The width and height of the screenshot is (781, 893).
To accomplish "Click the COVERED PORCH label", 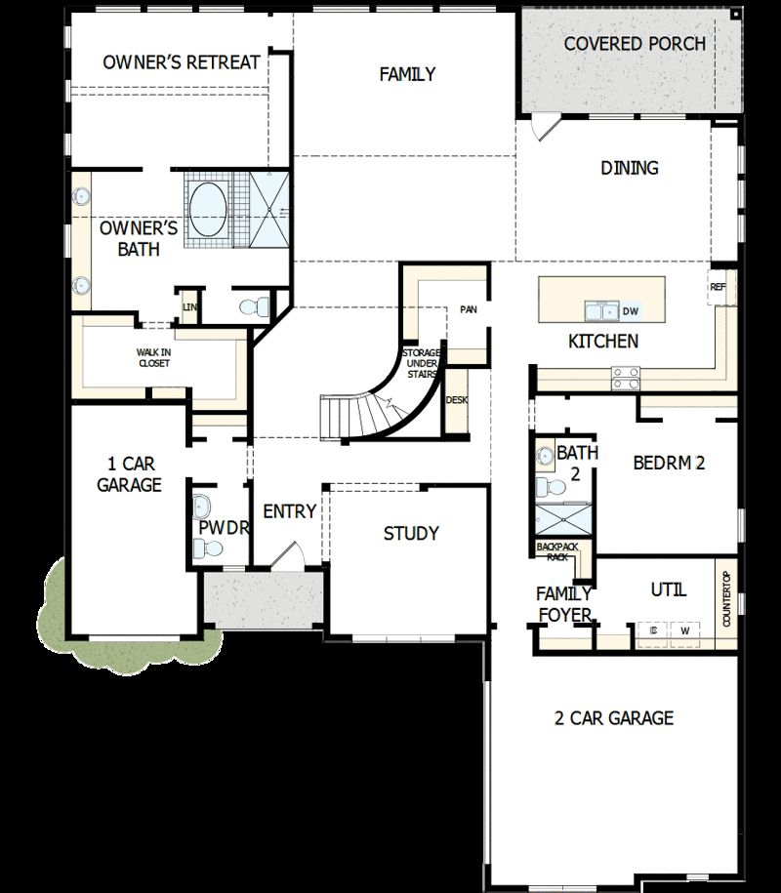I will (635, 44).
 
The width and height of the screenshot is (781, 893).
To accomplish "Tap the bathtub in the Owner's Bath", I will (207, 207).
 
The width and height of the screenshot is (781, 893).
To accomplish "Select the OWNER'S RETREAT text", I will (182, 62).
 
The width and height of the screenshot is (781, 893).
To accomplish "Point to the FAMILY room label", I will (407, 74).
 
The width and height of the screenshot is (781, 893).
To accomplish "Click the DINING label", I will (629, 168).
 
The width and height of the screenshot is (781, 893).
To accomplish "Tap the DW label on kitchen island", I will (630, 311).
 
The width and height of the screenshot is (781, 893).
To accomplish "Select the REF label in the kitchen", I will (719, 288).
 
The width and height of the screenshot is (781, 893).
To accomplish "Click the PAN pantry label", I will (468, 310).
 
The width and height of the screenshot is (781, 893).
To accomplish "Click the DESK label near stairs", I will (456, 400).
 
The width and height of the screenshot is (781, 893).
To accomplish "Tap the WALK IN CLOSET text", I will (152, 357).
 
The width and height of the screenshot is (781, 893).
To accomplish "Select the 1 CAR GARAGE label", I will (129, 474).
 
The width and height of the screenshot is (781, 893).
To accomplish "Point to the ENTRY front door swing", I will (285, 555).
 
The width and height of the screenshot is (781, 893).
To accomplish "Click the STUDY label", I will (411, 534).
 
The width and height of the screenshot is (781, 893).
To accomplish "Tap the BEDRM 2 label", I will (669, 463).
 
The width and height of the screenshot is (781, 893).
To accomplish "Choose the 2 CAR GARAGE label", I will (613, 718).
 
